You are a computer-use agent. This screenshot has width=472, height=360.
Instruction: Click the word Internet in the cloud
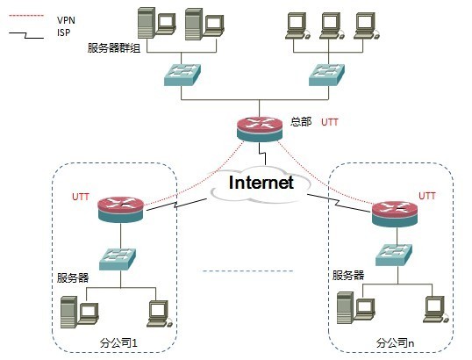261,183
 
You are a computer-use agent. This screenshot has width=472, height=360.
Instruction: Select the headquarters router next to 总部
260,129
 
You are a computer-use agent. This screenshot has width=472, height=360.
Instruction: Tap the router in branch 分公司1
120,209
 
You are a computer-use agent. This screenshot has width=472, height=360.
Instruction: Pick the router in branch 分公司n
395,214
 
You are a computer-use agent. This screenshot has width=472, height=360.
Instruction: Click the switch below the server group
182,75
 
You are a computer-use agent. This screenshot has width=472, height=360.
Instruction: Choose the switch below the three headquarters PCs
327,75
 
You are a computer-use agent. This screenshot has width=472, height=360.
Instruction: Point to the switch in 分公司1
118,259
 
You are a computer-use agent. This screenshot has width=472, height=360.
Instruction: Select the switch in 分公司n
394,255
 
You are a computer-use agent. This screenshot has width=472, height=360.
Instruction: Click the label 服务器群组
114,48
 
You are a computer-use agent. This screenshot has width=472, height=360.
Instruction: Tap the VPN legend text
66,20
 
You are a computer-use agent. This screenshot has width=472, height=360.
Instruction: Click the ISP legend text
63,32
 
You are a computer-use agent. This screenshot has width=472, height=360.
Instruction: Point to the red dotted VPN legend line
26,15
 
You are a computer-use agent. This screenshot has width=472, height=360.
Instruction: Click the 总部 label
301,121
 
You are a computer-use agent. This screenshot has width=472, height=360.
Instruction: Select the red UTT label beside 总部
330,122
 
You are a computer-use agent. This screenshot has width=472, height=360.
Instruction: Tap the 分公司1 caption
118,342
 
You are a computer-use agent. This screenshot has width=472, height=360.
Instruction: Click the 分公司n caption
396,342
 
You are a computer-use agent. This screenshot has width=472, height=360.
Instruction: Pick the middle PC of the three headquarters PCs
332,26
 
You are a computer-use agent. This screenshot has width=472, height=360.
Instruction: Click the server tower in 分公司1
68,313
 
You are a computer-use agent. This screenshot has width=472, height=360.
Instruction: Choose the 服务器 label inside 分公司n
348,275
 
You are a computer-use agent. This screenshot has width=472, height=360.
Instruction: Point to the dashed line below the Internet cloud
247,270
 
